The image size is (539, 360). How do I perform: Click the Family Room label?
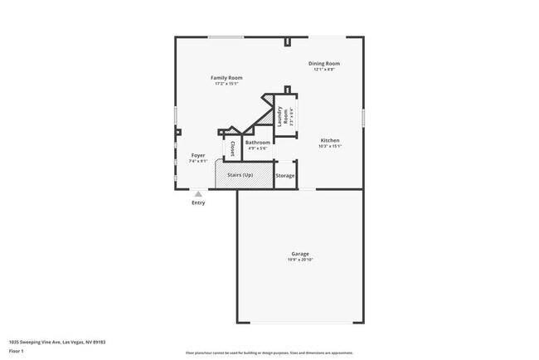click(226, 78)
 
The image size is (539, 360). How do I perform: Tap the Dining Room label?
click(324, 64)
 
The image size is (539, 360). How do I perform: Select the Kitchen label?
click(330, 141)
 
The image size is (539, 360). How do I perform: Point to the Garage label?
click(299, 254)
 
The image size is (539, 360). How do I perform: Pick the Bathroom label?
click(257, 143)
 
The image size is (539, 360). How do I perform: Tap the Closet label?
click(233, 149)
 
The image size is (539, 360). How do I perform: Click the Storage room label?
click(285, 176)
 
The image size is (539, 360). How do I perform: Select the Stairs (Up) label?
click(240, 175)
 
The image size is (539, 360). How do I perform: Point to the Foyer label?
click(198, 155)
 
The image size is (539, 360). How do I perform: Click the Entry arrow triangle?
click(198, 194)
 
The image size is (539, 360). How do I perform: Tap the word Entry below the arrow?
click(198, 203)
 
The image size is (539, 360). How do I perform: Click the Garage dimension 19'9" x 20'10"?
click(299, 260)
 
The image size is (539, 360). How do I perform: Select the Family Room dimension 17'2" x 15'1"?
click(226, 84)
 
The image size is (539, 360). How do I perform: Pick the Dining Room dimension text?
click(324, 70)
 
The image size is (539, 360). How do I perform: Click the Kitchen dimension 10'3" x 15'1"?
click(330, 147)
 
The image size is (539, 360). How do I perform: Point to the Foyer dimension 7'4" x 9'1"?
click(198, 161)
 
